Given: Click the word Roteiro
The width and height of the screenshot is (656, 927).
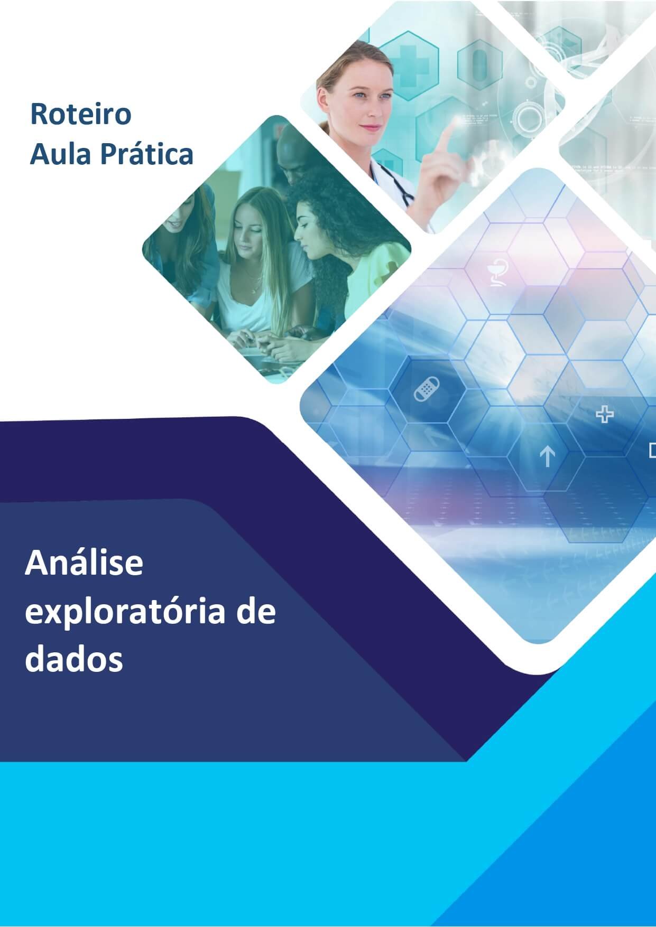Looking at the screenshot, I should click(81, 114).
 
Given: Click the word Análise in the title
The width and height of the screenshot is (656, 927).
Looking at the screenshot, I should click(84, 564).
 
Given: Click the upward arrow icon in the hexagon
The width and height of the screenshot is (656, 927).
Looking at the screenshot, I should click(547, 456).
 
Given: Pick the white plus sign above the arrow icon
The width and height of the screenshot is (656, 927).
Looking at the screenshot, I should click(605, 415).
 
